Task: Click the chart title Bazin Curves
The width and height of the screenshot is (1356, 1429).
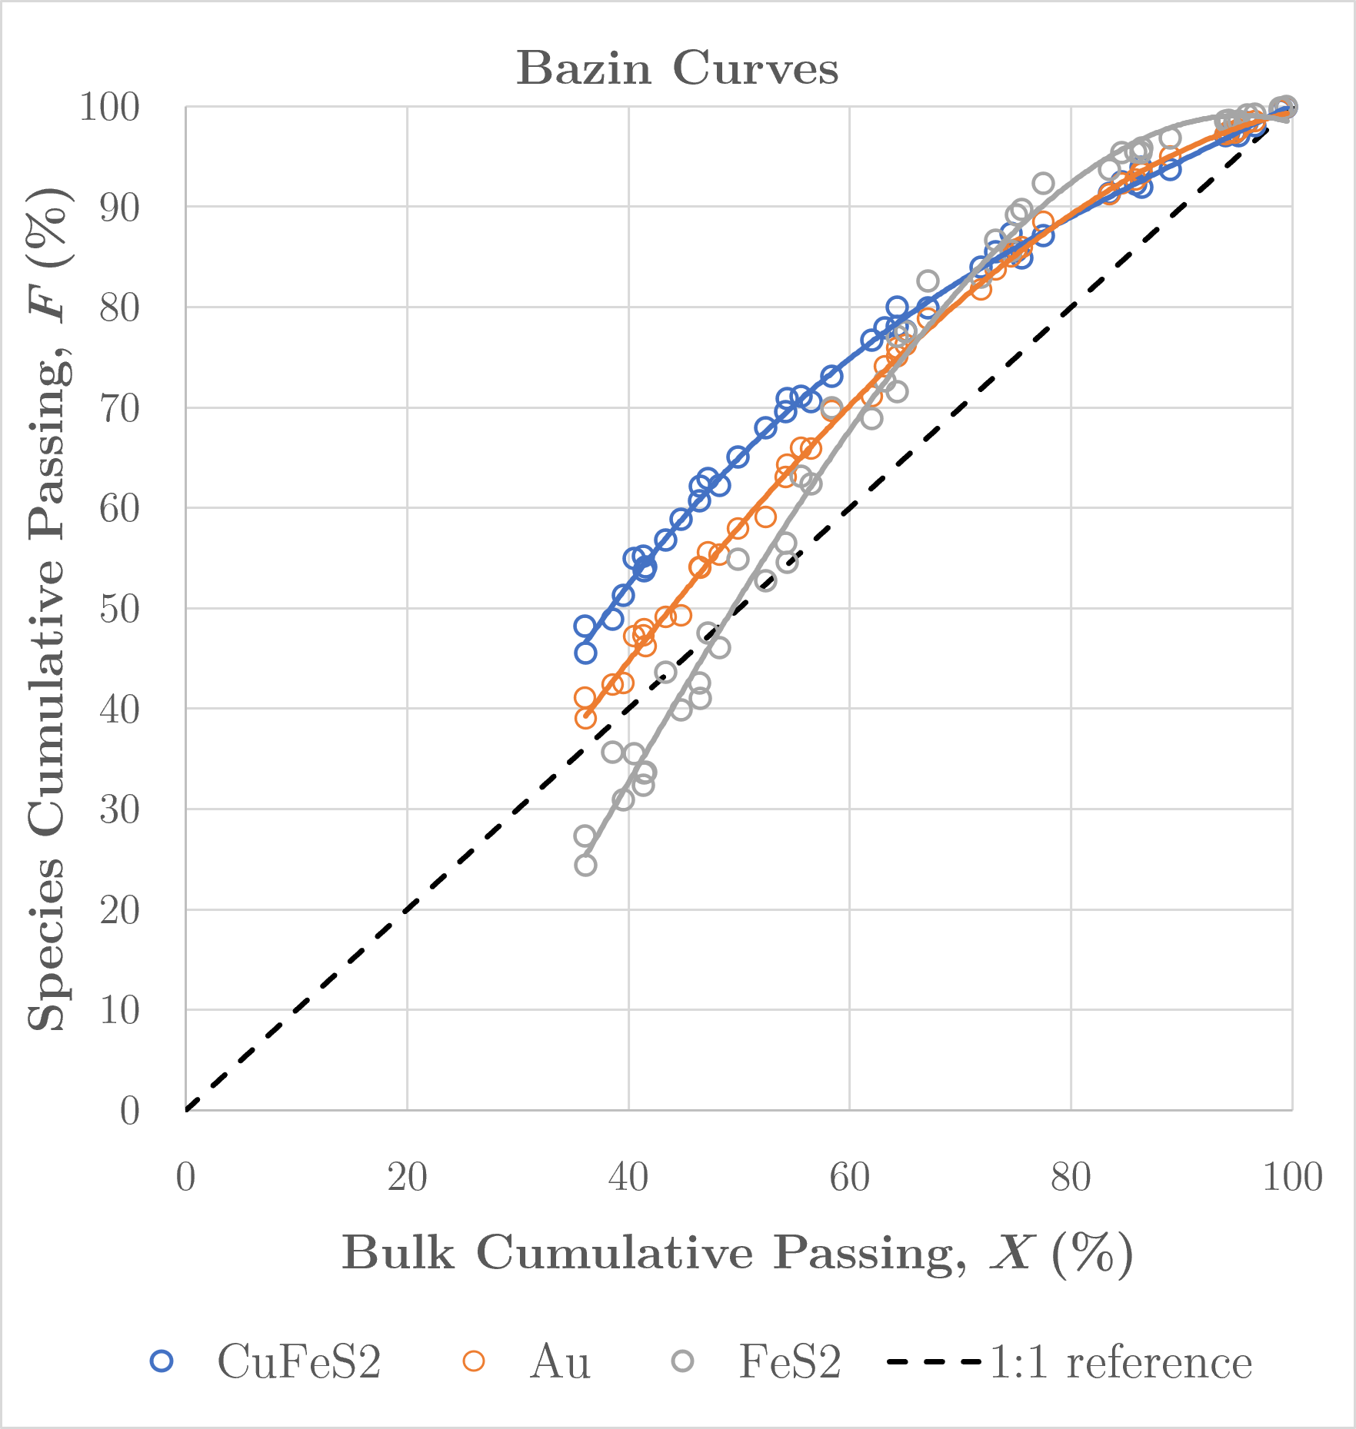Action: tap(677, 68)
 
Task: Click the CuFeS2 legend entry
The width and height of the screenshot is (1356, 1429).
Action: tap(266, 1361)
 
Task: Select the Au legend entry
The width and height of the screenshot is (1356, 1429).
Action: tap(526, 1361)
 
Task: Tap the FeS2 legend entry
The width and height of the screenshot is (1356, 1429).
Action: tap(757, 1361)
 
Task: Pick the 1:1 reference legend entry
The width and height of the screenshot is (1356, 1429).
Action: tap(1070, 1361)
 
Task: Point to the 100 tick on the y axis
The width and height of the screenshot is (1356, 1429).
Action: tap(110, 107)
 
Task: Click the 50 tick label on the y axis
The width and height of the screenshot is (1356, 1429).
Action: tap(120, 609)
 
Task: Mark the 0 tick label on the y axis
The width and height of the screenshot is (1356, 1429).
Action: tap(130, 1110)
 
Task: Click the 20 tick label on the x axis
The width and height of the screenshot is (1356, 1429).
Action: tap(407, 1177)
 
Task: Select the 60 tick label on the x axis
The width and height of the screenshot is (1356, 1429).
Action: tap(849, 1177)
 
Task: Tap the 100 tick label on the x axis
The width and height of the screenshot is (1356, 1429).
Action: tap(1292, 1177)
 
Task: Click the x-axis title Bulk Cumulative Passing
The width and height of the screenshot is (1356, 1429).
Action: tap(654, 1254)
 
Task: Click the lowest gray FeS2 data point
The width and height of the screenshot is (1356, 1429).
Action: tap(585, 865)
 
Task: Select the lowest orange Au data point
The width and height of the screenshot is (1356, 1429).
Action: tap(585, 718)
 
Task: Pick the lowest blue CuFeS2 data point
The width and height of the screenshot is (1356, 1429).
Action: tap(585, 653)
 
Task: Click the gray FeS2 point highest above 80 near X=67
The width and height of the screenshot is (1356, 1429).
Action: tap(928, 281)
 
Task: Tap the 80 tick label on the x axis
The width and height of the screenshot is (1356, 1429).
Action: tap(1071, 1177)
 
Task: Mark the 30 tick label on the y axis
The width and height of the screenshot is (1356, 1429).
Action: tap(120, 809)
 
